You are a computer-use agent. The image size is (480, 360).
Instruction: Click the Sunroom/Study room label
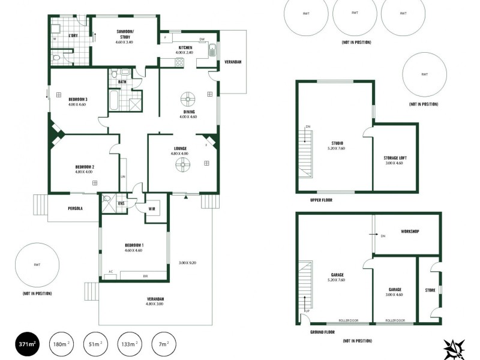point(125,34)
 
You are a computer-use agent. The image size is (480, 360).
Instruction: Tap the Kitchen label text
point(185,47)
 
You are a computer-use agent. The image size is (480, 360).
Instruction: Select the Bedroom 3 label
point(77,99)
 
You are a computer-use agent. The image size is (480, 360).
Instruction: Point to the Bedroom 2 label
point(85,167)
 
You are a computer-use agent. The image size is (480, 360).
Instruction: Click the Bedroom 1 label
point(134,245)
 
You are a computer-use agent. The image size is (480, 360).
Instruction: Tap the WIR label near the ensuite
point(152,208)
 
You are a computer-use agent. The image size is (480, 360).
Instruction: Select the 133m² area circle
point(130,344)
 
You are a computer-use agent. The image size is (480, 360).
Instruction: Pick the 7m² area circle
point(164,344)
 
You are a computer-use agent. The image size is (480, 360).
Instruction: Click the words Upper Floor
point(322,200)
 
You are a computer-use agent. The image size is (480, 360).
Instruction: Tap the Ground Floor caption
point(323,332)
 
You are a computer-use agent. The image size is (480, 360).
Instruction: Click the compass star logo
point(454,349)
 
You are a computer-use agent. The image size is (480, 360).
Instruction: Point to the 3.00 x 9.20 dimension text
point(188,263)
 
